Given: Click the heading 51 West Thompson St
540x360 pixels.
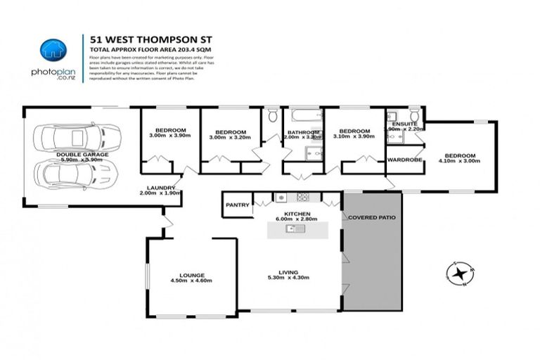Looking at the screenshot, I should click(130, 39).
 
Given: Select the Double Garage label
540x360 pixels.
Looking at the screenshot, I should click(82, 154).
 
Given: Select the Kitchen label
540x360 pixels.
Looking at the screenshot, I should click(297, 212).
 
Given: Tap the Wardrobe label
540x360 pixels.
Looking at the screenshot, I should click(404, 160).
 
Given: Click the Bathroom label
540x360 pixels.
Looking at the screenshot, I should click(302, 132).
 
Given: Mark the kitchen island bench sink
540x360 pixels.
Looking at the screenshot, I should click(292, 228).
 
